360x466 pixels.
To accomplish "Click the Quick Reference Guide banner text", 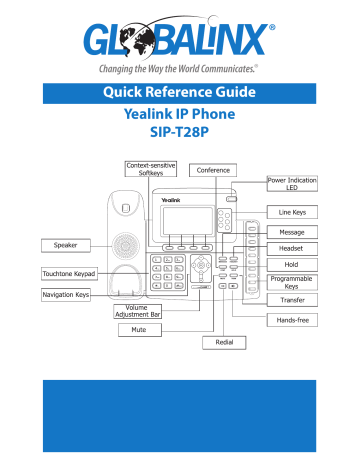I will tap(180, 96).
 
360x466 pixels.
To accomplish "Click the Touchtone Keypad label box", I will tap(67, 272).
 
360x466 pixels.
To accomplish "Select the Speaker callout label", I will tap(66, 244).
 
